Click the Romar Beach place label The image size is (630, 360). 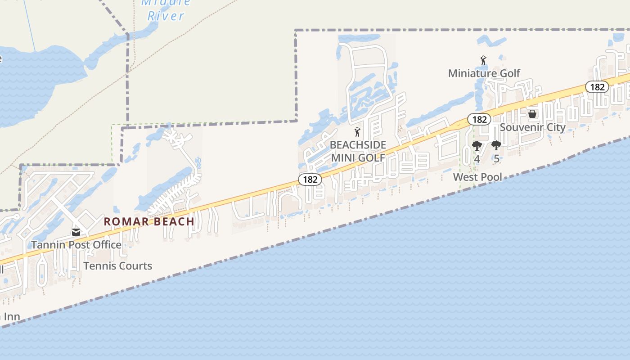(x=149, y=221)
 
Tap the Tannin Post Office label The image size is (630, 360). (x=76, y=245)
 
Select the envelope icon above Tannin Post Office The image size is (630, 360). (x=76, y=232)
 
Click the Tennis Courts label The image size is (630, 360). (x=117, y=266)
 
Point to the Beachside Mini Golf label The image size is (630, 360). (x=358, y=151)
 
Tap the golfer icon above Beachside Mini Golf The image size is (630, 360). (x=358, y=132)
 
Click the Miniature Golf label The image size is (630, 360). (x=484, y=73)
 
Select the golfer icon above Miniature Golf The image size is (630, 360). (x=484, y=60)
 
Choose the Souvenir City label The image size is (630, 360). (x=532, y=127)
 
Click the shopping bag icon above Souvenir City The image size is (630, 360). (x=532, y=114)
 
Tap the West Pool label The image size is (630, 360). (x=477, y=177)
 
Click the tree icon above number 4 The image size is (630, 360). (x=477, y=146)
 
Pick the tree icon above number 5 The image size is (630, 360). (x=496, y=146)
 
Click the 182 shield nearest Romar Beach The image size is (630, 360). (x=310, y=180)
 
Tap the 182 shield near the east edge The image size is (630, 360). (x=597, y=87)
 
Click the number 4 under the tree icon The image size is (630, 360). (x=477, y=159)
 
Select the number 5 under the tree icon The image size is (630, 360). (x=496, y=159)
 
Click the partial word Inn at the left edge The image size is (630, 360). (x=11, y=316)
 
